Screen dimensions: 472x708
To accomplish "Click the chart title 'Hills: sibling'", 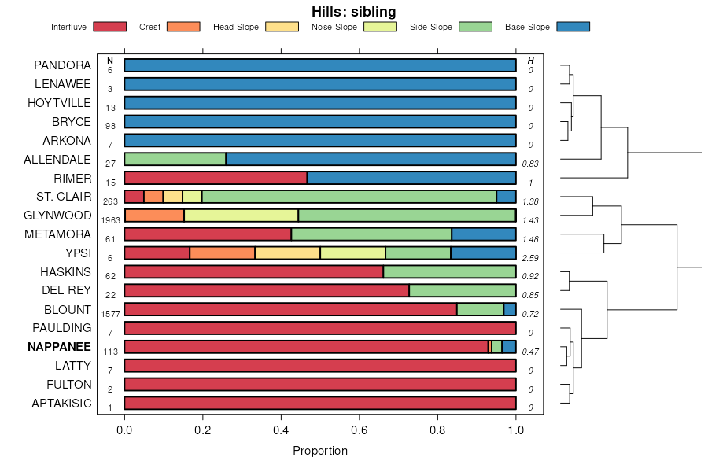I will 353,11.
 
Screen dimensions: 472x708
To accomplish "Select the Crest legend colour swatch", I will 183,27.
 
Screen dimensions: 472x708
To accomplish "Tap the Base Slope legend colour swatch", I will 573,27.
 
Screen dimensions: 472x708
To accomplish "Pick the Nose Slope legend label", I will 334,27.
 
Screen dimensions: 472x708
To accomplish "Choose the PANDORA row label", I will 63,65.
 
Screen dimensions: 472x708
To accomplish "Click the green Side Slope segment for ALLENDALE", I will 175,159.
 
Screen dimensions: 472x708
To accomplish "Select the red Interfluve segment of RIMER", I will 216,178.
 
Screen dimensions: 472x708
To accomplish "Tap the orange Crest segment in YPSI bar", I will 222,253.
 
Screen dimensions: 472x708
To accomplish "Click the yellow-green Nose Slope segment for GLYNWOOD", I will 241,216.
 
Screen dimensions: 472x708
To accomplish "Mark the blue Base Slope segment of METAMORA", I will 484,234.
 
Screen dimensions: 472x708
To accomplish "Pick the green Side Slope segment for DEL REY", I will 463,290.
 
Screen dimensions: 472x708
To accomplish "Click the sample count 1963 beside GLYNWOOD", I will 111,220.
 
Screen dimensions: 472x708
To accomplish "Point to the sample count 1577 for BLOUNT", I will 111,314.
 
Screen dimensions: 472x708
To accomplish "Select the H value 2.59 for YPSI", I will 530,258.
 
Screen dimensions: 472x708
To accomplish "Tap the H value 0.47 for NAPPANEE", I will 530,352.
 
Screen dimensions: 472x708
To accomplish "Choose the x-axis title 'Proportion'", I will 320,451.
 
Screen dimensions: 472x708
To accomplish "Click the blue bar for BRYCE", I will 320,121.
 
